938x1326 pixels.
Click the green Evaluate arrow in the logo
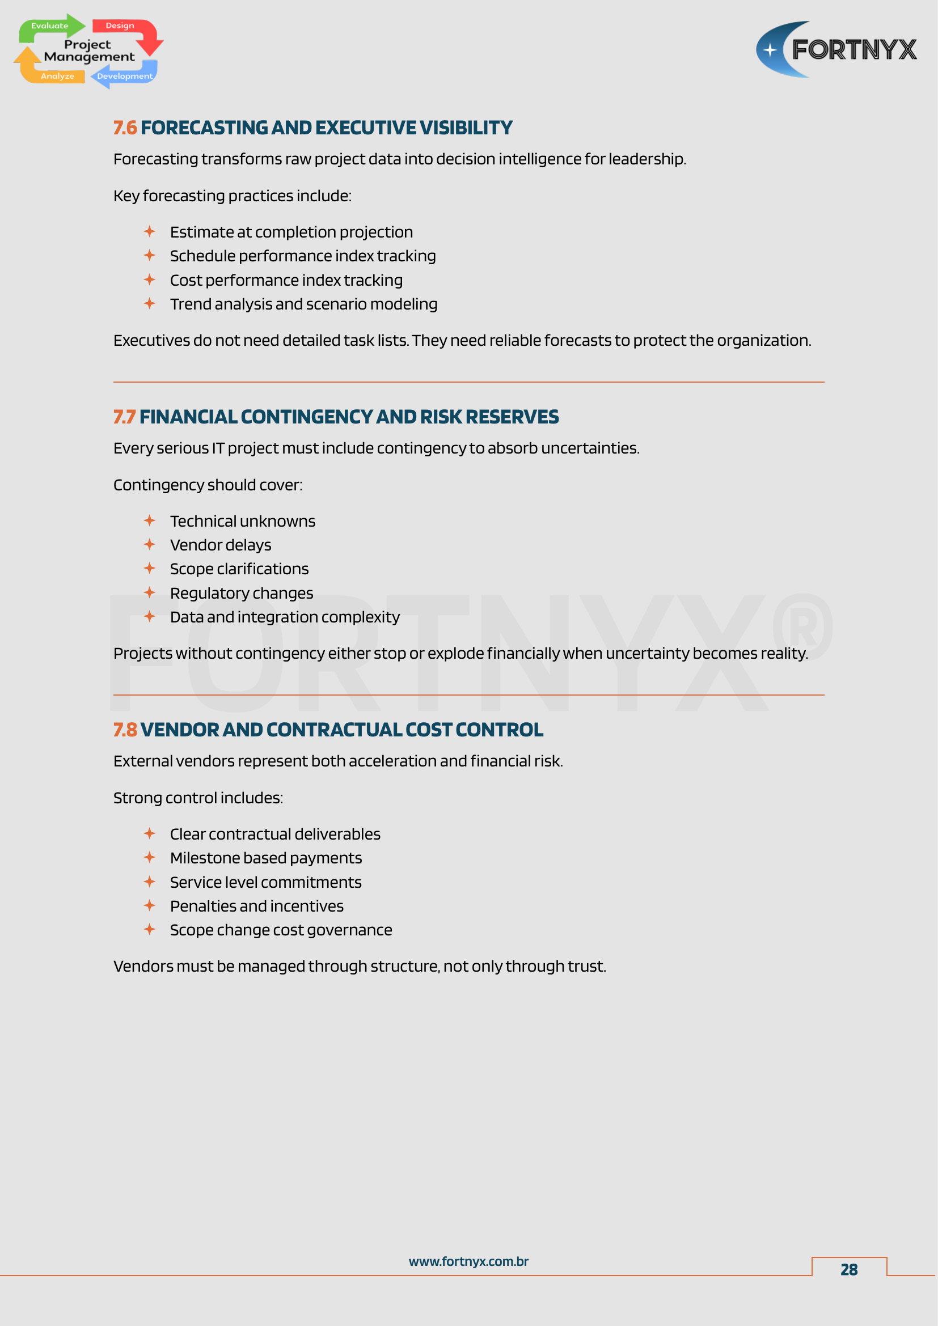[x=51, y=27]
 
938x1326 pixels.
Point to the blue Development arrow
[x=124, y=75]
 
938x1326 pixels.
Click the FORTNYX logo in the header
[x=836, y=50]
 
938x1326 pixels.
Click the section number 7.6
[x=125, y=128]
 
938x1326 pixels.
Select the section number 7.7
[x=124, y=417]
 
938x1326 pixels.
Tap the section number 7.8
[x=125, y=730]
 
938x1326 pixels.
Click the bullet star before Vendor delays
[x=150, y=545]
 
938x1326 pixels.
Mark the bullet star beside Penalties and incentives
[x=150, y=905]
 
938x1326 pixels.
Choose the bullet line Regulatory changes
[x=242, y=593]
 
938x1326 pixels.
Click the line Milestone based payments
[x=265, y=858]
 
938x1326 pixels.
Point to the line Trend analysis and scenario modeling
[x=303, y=304]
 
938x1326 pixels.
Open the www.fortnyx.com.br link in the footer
[x=468, y=1262]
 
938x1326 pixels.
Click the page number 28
[x=848, y=1269]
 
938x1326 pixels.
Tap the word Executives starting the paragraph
[x=151, y=341]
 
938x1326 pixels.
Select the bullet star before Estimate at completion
[x=150, y=232]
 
